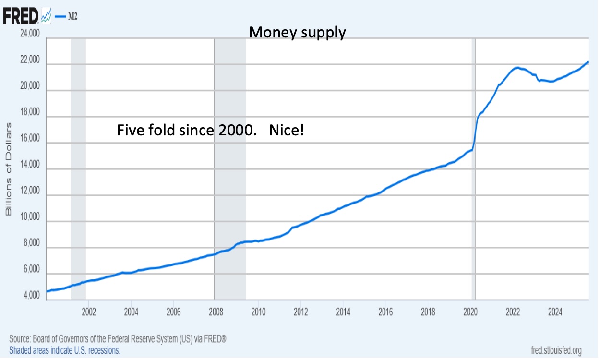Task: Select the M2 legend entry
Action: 66,17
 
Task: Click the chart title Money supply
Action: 297,33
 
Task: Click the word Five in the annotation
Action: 130,130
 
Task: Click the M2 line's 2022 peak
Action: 517,68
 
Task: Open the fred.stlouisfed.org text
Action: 556,350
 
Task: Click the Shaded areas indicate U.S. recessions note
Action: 65,350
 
